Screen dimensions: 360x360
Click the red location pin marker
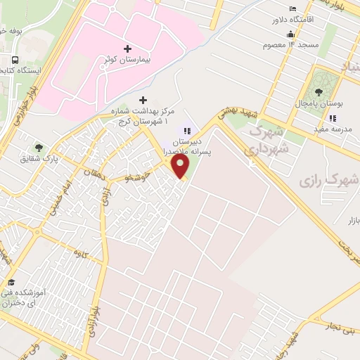coord(181,167)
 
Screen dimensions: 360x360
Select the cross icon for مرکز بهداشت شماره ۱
coord(143,100)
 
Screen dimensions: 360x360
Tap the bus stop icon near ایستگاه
coord(15,60)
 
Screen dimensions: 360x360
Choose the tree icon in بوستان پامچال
coord(319,91)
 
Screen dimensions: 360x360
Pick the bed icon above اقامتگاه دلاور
coord(289,7)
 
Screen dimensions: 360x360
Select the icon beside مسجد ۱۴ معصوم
coord(291,35)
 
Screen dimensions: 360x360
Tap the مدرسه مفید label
coord(334,130)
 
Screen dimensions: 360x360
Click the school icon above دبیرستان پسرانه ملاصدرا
coord(187,130)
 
